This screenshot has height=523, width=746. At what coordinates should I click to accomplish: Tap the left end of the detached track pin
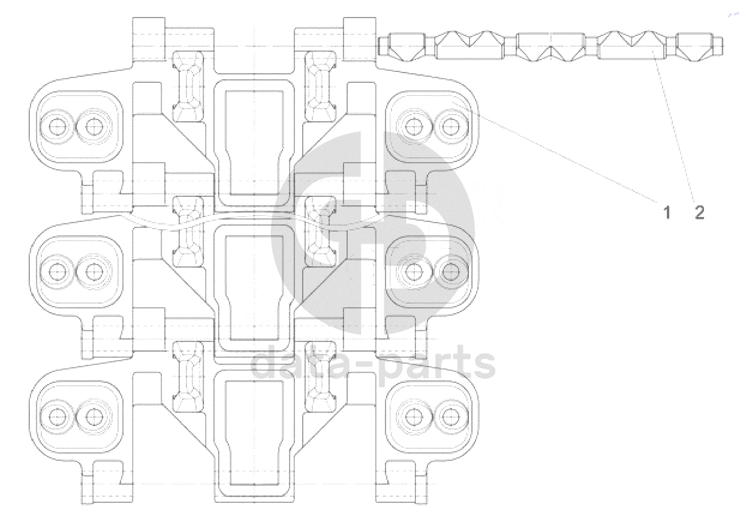coord(381,45)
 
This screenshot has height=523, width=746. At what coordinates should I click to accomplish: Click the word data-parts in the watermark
coord(373,362)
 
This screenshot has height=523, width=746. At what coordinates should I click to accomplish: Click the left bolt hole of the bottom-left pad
coord(57,416)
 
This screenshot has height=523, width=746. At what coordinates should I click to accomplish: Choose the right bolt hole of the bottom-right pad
coord(450,416)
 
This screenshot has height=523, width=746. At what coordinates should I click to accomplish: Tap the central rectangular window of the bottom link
coord(254,427)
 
